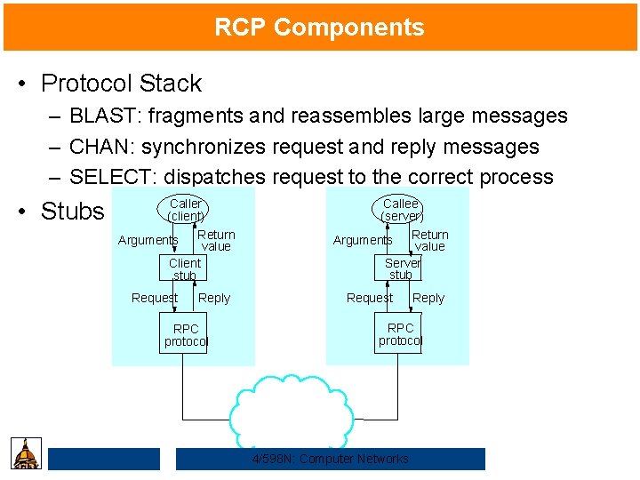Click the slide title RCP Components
click(x=319, y=28)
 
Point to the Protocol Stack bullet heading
click(x=121, y=84)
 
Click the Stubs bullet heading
click(x=72, y=212)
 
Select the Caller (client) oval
click(x=186, y=210)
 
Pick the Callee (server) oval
click(x=401, y=210)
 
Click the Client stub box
click(x=185, y=268)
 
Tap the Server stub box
click(x=402, y=268)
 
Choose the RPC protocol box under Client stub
click(x=186, y=335)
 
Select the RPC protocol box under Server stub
click(x=400, y=334)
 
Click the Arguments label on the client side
click(x=148, y=240)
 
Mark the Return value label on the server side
click(x=430, y=240)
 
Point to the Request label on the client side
click(x=154, y=298)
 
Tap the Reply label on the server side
click(x=428, y=299)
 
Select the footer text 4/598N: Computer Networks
click(x=330, y=459)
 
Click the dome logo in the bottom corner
click(x=26, y=453)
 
